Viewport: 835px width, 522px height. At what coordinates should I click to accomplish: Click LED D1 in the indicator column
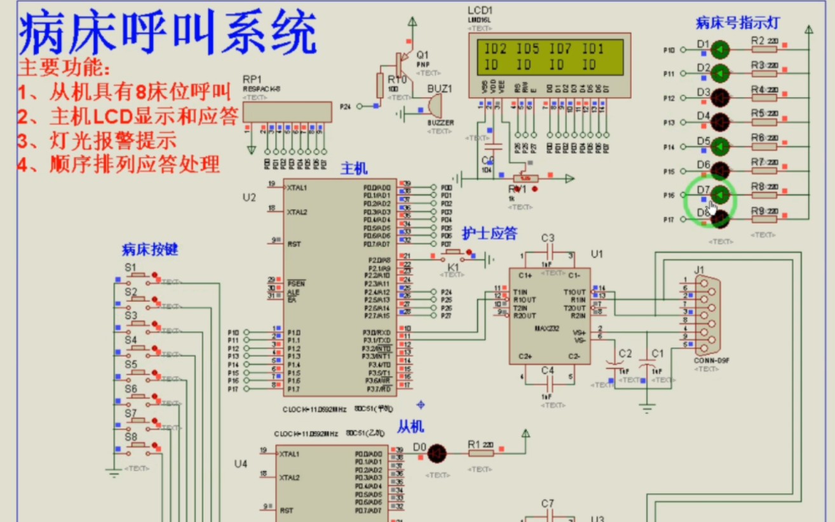point(720,50)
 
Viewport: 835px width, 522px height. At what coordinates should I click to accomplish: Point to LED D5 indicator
point(720,147)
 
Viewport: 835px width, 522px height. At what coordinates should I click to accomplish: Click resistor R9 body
point(764,219)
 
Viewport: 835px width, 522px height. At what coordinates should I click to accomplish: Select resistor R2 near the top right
point(764,50)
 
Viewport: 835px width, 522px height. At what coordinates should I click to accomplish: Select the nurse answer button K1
point(456,255)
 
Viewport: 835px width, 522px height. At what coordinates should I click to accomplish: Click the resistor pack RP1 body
point(288,112)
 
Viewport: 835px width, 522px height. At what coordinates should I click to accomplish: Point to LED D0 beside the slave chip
point(437,453)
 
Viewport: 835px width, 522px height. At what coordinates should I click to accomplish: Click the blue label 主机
point(354,168)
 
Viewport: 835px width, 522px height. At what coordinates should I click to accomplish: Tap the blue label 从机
point(411,426)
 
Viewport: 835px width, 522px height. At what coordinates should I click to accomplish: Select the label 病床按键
point(150,250)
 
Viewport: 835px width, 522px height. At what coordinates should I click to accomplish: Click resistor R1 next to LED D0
point(481,453)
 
